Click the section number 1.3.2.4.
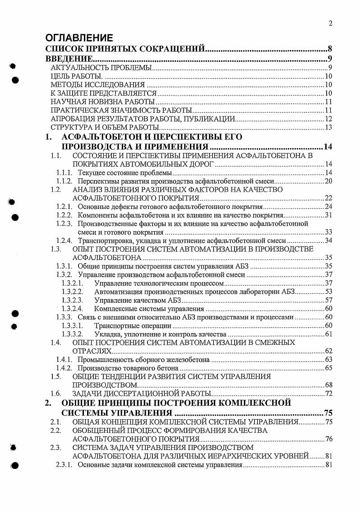[x=72, y=309]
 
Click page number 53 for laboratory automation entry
[x=328, y=292]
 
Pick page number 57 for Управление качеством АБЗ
[x=328, y=300]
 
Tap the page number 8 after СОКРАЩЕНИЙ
[x=330, y=49]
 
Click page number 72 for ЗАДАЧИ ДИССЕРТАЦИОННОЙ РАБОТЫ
[x=328, y=394]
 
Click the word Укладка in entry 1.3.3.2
[x=107, y=334]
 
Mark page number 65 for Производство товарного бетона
[x=328, y=368]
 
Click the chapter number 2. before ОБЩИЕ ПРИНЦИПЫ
[x=49, y=403]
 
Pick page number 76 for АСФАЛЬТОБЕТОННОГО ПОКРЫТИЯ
[x=328, y=439]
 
